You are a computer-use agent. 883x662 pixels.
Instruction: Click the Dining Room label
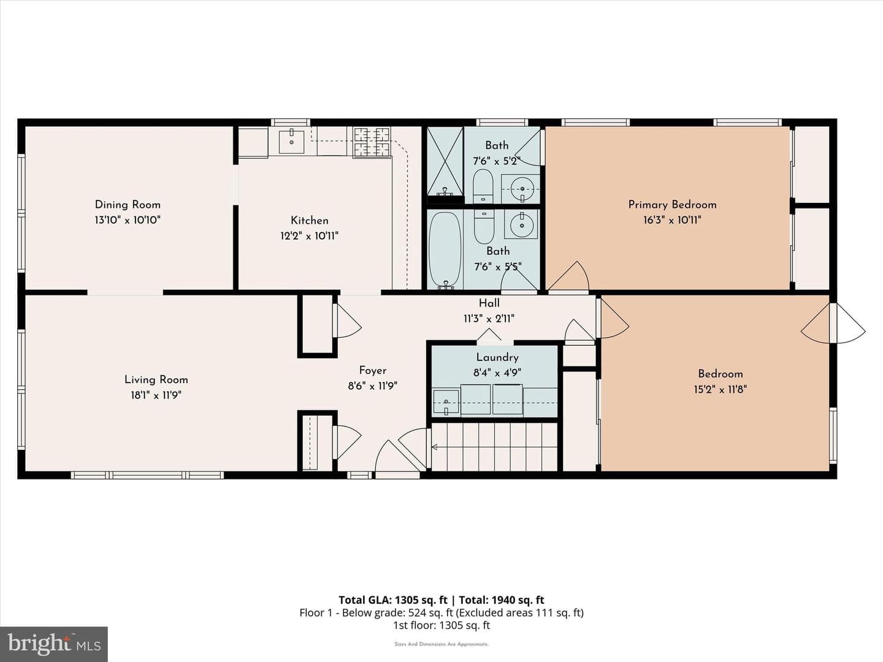point(128,205)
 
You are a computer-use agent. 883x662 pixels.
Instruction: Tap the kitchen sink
point(291,142)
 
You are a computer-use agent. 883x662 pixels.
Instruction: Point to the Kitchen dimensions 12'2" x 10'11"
point(309,236)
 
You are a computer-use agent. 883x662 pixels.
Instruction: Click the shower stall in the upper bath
point(445,165)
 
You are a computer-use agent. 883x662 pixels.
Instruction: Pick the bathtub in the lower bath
point(445,249)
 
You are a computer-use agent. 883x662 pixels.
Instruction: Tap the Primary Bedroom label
point(672,205)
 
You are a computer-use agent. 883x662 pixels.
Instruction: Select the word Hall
point(489,303)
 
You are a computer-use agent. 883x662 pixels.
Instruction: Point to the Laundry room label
point(497,357)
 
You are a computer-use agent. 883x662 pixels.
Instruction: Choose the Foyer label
point(372,370)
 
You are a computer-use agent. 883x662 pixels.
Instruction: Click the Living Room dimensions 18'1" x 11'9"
point(156,395)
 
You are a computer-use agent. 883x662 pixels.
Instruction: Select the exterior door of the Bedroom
point(833,323)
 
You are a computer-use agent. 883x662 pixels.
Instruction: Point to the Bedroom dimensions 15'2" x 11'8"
point(720,389)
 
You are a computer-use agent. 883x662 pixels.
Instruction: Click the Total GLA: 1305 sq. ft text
point(392,600)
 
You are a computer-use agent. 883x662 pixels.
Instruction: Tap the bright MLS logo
point(53,644)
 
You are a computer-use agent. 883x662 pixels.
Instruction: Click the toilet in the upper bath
point(483,186)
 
